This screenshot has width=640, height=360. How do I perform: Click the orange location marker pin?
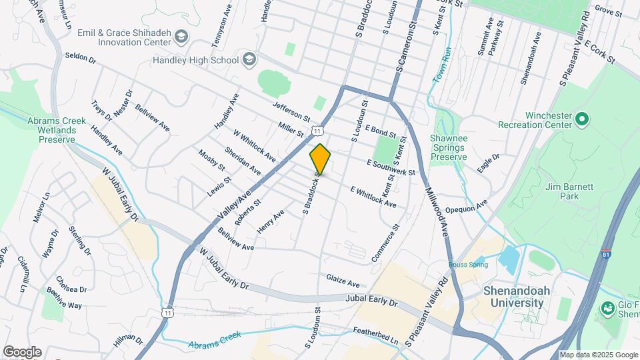(320, 159)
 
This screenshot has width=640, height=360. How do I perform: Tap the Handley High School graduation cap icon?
(249, 60)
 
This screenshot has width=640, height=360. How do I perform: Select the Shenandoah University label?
(513, 297)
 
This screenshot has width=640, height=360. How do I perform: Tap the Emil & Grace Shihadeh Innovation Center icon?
(179, 35)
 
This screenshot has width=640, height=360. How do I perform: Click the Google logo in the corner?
(21, 352)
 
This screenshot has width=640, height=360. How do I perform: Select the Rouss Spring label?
(468, 265)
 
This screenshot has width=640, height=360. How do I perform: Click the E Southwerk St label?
(391, 167)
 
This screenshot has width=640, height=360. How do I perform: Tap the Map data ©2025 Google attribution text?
(598, 355)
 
